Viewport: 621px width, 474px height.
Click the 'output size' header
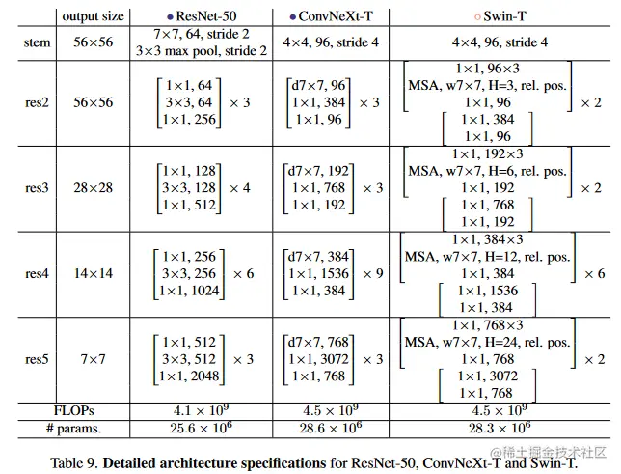click(94, 16)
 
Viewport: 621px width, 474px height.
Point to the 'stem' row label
click(38, 42)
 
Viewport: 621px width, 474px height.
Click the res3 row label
click(37, 187)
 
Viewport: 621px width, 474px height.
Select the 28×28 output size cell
click(94, 187)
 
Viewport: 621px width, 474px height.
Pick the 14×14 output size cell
click(94, 273)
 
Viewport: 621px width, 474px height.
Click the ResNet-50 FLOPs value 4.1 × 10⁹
click(201, 410)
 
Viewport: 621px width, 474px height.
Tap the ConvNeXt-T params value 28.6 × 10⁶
click(331, 428)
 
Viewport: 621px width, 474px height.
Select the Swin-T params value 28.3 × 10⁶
click(499, 428)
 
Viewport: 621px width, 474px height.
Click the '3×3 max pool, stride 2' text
click(202, 51)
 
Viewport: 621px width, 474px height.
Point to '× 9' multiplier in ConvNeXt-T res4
click(373, 273)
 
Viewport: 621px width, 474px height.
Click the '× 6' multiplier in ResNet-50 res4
click(244, 273)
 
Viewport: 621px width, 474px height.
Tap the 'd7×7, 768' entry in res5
click(318, 342)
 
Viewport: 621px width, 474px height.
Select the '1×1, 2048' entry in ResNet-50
click(189, 376)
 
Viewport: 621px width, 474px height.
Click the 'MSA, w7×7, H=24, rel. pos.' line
click(487, 342)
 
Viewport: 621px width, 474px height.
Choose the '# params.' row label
click(73, 429)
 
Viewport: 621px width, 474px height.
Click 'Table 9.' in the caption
click(74, 462)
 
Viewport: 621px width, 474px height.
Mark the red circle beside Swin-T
click(477, 17)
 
